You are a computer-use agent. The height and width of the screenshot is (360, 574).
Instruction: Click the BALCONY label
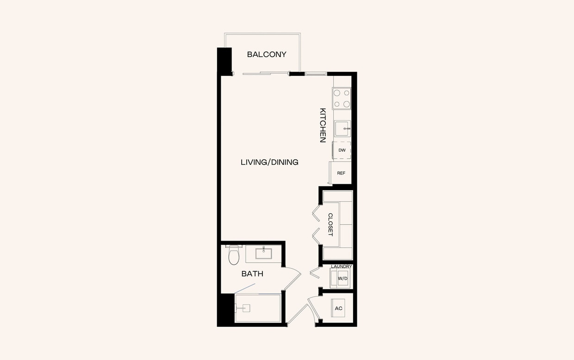point(267,55)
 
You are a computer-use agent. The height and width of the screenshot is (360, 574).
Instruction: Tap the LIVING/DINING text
point(269,162)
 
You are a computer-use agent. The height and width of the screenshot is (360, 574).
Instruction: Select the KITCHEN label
point(323,125)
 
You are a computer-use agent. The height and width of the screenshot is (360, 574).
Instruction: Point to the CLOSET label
point(331,224)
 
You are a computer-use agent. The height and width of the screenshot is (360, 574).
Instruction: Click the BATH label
point(252,274)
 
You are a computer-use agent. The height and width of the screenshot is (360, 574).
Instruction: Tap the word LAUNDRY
point(342,267)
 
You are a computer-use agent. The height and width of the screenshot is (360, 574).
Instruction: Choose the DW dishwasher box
point(342,150)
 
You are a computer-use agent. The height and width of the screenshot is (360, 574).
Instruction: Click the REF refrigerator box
point(341,173)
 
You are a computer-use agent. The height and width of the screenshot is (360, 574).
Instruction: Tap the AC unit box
point(338,308)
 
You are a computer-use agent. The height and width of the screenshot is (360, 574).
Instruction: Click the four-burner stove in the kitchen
point(342,99)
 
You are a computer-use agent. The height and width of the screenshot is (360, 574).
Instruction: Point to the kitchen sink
point(343,128)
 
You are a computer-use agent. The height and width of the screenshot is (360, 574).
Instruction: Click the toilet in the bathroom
point(234,256)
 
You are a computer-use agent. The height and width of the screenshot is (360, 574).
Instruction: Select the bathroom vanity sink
point(263,254)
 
